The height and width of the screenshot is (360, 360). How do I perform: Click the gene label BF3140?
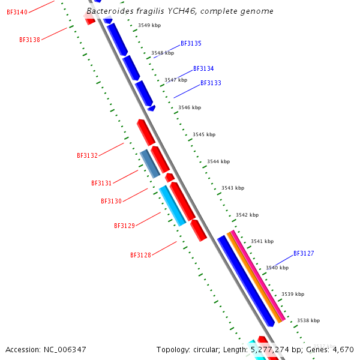pos(17,12)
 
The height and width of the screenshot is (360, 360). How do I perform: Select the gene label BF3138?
pos(29,40)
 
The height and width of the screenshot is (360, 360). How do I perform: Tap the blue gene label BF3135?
pos(191,44)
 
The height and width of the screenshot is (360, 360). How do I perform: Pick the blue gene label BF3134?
pos(203,69)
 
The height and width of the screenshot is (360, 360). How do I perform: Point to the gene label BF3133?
pos(211,83)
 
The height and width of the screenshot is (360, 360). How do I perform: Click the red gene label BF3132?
pos(87,156)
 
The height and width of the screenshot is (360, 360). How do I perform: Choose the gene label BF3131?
pos(101,184)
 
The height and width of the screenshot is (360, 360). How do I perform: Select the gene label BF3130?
pos(111,202)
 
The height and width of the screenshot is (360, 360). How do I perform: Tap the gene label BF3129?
pos(124,226)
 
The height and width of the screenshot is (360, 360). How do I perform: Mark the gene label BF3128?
pos(140,256)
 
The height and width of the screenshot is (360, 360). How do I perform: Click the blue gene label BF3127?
pos(304,254)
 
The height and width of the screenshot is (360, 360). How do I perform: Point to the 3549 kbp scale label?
pos(149,25)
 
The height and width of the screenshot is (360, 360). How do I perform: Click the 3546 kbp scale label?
pos(190,107)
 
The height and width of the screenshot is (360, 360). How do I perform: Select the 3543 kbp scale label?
pos(233,188)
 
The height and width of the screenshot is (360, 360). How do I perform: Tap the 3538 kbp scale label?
pos(308,320)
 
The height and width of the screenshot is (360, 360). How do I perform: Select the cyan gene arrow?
pos(172,206)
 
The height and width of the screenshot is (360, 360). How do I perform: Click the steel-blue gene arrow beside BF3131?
pos(150,164)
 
